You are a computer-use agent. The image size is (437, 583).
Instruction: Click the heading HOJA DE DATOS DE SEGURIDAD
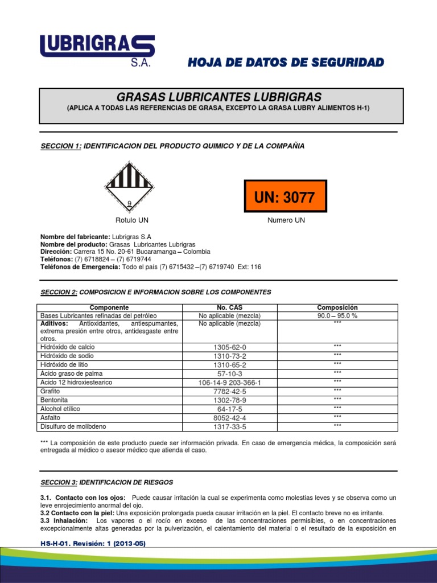pyautogui.click(x=286, y=62)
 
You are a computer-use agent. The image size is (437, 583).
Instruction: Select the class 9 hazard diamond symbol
pyautogui.click(x=129, y=186)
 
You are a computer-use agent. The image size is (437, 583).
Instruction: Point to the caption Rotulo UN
pyautogui.click(x=132, y=220)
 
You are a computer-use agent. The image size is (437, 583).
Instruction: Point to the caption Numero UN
pyautogui.click(x=286, y=220)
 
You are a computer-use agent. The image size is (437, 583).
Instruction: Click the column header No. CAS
pyautogui.click(x=229, y=307)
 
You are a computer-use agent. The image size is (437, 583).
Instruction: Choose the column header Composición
pyautogui.click(x=337, y=307)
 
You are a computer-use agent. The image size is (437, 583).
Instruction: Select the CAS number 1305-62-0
pyautogui.click(x=229, y=347)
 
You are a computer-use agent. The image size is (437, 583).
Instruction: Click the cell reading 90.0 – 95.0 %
pyautogui.click(x=337, y=315)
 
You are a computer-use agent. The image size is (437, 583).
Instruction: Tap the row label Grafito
pyautogui.click(x=50, y=391)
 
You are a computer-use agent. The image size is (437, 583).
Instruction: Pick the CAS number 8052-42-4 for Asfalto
pyautogui.click(x=229, y=418)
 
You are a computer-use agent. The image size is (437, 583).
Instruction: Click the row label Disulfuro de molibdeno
pyautogui.click(x=73, y=426)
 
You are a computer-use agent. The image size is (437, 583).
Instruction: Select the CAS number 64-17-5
pyautogui.click(x=229, y=409)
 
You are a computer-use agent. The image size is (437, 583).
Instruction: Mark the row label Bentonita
pyautogui.click(x=54, y=400)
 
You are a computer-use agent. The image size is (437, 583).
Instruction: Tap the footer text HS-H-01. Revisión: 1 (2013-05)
pyautogui.click(x=93, y=544)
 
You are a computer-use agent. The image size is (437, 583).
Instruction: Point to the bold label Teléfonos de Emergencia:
pyautogui.click(x=80, y=267)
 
